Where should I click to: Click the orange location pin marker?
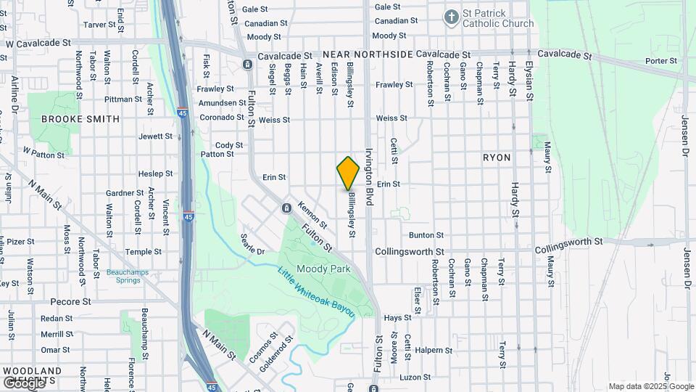(x=348, y=173)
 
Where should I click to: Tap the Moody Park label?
(x=331, y=269)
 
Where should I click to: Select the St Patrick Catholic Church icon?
(x=451, y=17)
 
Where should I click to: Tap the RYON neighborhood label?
(x=497, y=158)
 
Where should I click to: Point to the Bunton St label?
(x=426, y=235)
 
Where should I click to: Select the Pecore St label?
(x=70, y=301)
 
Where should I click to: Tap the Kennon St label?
(x=312, y=213)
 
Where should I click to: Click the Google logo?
(x=24, y=382)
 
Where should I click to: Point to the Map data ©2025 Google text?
(x=650, y=386)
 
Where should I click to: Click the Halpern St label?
(x=436, y=350)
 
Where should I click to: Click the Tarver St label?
(x=100, y=25)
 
